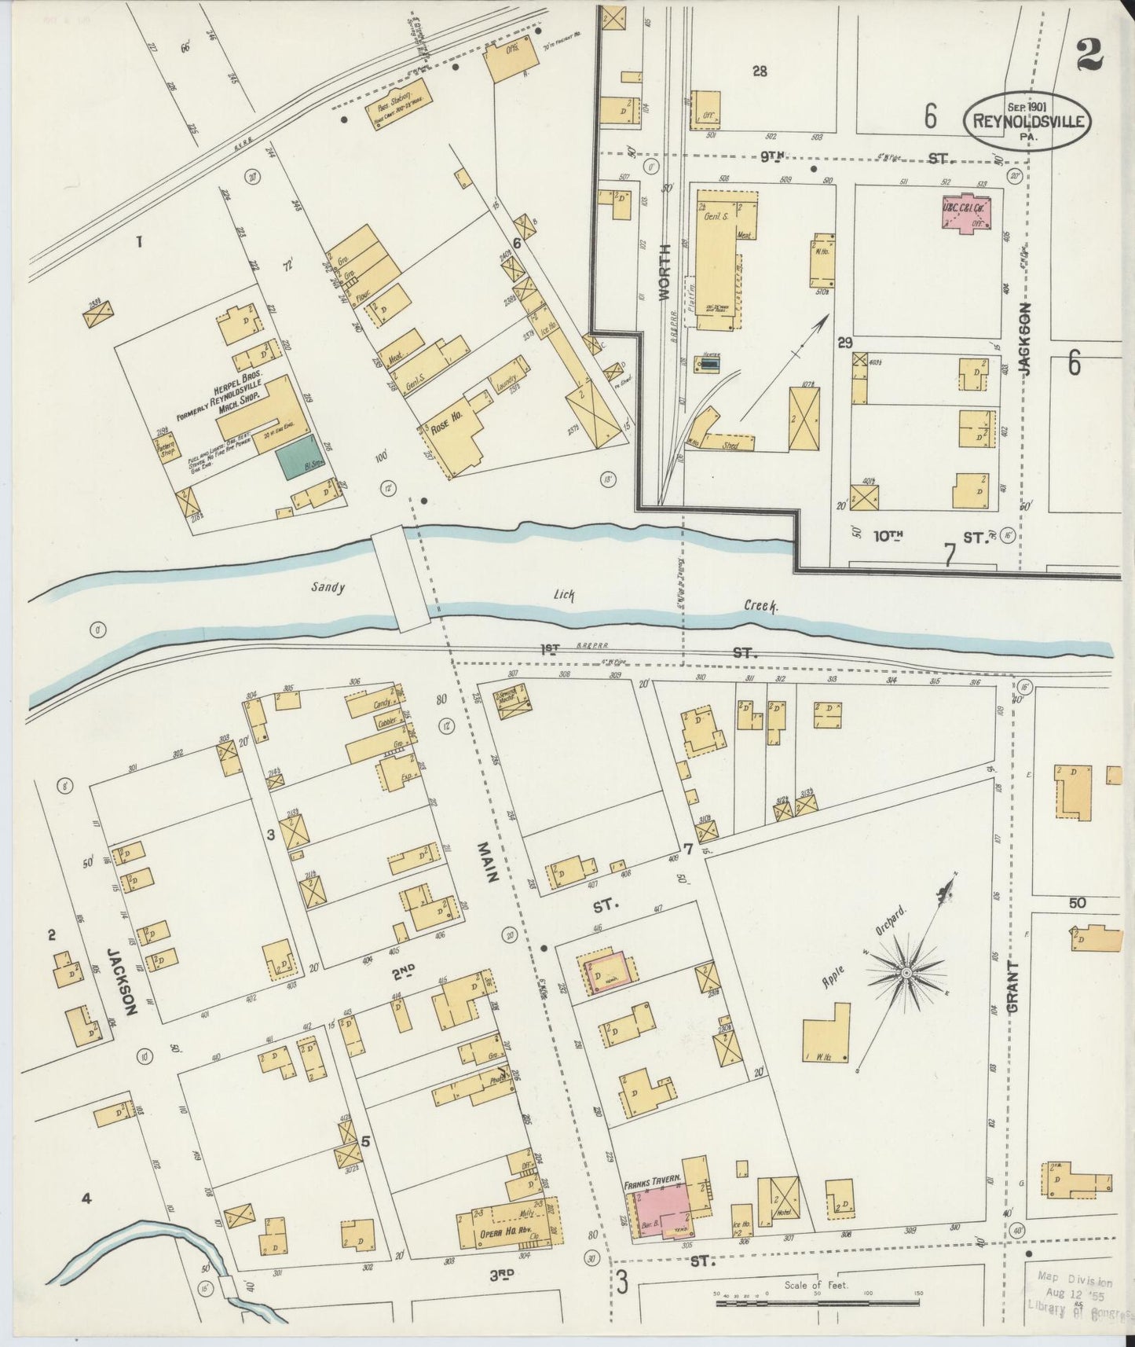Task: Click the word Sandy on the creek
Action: pos(328,587)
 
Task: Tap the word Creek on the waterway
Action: pos(761,606)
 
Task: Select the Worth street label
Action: pos(664,284)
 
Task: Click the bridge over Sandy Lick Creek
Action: pos(401,579)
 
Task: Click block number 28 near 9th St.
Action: pos(760,72)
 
